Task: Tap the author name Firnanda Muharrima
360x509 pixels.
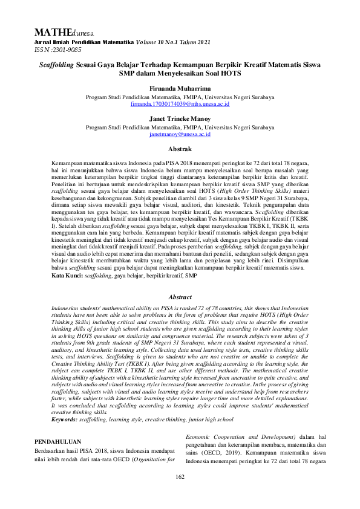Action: pos(180,88)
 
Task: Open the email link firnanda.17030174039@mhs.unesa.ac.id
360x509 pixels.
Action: pos(180,104)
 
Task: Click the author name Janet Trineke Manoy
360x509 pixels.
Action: pos(180,119)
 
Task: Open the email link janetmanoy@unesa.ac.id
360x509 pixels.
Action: pos(180,135)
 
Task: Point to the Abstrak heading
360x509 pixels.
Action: pos(180,149)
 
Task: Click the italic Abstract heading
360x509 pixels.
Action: pos(180,297)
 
